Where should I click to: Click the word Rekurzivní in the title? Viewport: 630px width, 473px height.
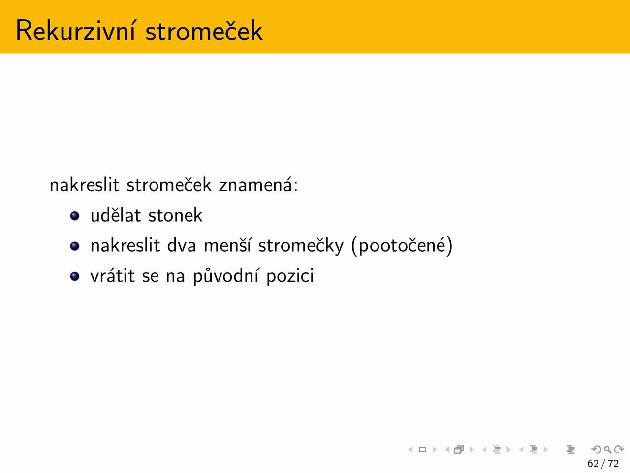tap(75, 31)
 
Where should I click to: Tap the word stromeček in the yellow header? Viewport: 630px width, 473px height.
tap(204, 31)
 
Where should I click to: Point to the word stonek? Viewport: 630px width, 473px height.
tap(175, 215)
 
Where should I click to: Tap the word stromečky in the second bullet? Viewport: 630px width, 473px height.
tap(301, 246)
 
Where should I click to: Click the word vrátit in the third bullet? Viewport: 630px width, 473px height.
tap(113, 276)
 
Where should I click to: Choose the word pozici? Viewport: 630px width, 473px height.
tap(290, 276)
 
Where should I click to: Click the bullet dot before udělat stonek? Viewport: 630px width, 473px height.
tap(75, 216)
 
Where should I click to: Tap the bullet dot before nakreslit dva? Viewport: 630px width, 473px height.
tap(75, 246)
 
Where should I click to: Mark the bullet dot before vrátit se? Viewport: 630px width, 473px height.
tap(75, 276)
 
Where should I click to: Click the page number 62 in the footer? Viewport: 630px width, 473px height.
tap(593, 464)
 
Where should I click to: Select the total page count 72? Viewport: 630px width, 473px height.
tap(613, 464)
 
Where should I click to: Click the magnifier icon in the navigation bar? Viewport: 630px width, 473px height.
tap(607, 450)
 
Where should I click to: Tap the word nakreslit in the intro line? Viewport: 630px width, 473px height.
tap(84, 185)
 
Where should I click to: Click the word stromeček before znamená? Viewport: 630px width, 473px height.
tap(169, 185)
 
